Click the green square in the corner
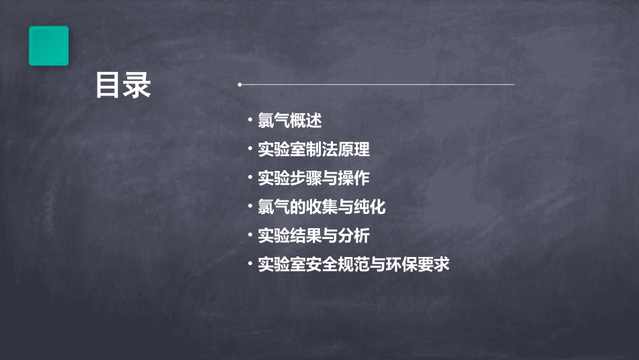48,46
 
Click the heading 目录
123,85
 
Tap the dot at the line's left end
239,85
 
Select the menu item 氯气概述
290,121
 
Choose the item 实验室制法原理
313,149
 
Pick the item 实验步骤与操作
313,178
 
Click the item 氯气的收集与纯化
322,207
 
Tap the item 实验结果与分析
313,236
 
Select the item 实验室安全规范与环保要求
353,264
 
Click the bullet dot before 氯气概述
250,121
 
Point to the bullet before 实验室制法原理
250,149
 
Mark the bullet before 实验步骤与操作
250,178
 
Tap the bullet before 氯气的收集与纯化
250,207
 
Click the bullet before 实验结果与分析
250,236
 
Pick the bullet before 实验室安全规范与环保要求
250,264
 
